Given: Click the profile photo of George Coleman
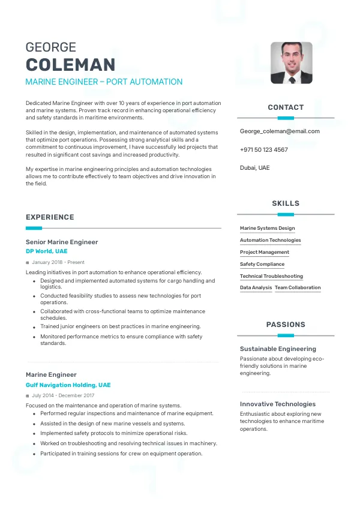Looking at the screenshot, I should coord(291,62).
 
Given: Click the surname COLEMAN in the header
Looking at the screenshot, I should coord(70,65).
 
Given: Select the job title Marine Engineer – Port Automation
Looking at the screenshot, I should coord(104,82).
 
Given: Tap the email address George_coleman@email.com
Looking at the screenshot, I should coord(280,131).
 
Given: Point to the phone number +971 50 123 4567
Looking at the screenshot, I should coord(263,149).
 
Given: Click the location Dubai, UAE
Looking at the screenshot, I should coord(254,167).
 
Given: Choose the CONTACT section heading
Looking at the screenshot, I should coord(286,107).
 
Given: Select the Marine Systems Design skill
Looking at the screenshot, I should coord(267,228).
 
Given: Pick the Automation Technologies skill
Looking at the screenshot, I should coord(270,240).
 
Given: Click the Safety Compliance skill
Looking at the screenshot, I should coord(262,264).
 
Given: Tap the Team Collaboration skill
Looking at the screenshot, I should coord(298,287).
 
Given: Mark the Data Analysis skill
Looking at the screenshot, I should coord(256,287).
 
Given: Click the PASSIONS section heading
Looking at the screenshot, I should coord(286,325).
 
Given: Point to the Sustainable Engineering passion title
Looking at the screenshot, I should coord(278,349).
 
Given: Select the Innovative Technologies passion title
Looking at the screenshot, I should coord(277,404).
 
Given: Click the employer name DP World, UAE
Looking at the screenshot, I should coord(46,251).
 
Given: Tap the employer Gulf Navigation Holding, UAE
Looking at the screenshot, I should coord(68,385).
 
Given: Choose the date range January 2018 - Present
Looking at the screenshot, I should coord(58,262).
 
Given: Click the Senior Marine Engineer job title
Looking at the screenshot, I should coord(62,242).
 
